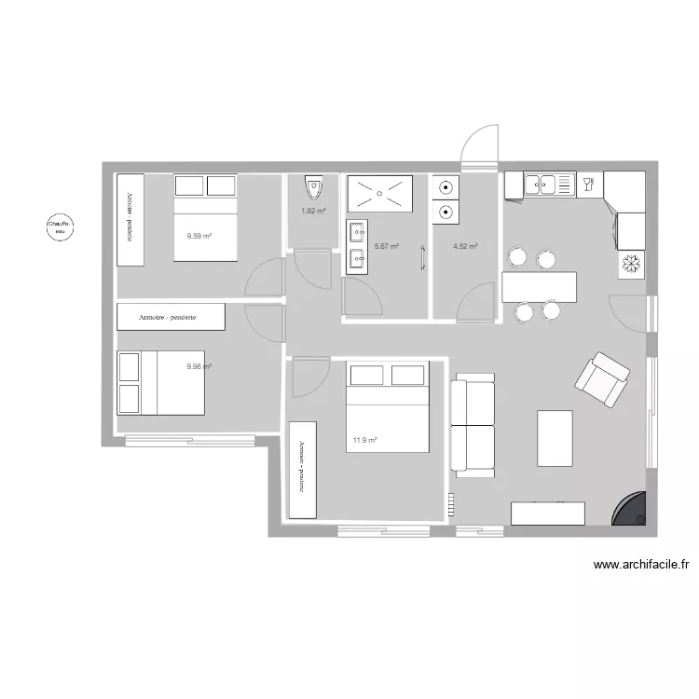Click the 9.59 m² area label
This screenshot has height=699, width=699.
coord(199,236)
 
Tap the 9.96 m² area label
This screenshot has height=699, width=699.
coord(199,366)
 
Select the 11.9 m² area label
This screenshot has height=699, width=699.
coord(364,440)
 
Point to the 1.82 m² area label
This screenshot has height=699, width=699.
coord(313,211)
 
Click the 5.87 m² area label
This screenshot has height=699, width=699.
coord(386,246)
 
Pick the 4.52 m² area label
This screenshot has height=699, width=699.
coord(465,246)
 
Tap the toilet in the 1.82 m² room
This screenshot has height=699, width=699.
coord(314,188)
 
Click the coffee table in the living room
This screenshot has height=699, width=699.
coord(555,437)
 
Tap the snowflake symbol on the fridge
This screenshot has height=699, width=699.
coord(631,265)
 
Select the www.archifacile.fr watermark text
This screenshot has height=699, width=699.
coord(640,564)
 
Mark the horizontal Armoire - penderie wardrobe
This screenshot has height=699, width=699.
coord(171,317)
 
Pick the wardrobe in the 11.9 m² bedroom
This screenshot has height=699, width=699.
coord(303,470)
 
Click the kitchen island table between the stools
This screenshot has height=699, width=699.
coord(539,286)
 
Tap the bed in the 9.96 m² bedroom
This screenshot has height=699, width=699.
coord(160,382)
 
